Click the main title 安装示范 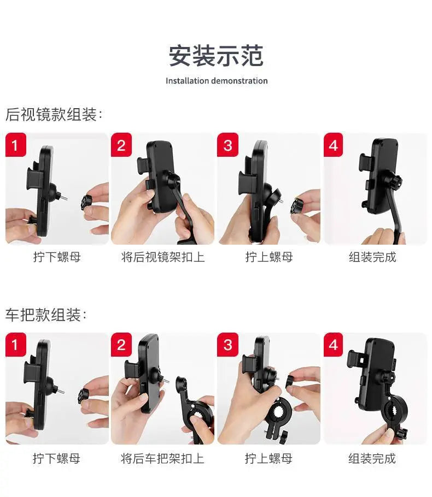[216, 56]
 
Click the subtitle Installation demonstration [217, 81]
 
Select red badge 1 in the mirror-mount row [15, 145]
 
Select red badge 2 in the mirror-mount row [121, 145]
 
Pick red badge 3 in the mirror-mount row [227, 145]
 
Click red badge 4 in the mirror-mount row [333, 145]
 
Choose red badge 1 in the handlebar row [15, 345]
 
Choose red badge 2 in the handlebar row [121, 345]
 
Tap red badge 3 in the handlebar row [227, 345]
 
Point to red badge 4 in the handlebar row [333, 345]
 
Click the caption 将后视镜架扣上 [163, 257]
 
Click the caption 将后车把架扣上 [162, 458]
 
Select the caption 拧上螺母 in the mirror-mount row [269, 257]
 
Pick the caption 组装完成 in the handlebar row [372, 458]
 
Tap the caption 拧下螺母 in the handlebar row [56, 458]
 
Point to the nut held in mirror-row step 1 [86, 203]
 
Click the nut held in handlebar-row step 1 [84, 396]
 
